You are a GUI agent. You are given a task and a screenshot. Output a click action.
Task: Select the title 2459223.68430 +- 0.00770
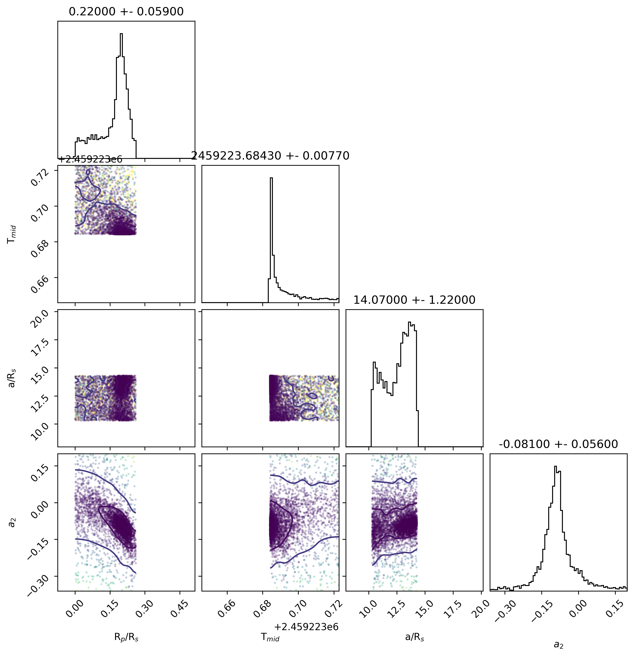[270, 156]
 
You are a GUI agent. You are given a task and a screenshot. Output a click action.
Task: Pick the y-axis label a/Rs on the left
[12, 378]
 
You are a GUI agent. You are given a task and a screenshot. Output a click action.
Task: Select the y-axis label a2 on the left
[12, 522]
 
